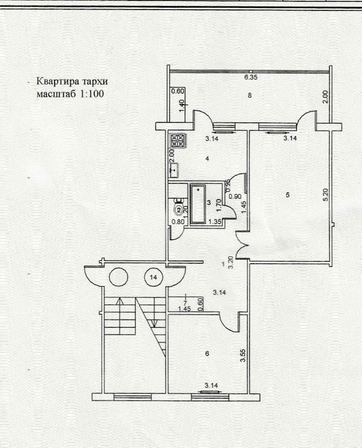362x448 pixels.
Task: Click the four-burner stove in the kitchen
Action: pos(177,140)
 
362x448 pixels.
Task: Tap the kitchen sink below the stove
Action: pos(174,170)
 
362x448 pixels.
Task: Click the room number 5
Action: pos(289,194)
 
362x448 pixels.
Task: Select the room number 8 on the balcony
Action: pos(250,96)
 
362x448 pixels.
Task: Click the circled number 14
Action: pos(153,278)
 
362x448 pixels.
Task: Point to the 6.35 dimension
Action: pos(251,78)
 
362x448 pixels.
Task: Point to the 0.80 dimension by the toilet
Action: pos(176,223)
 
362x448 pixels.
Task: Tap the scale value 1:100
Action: pos(90,94)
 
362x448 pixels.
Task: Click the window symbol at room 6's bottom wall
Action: pos(209,392)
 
